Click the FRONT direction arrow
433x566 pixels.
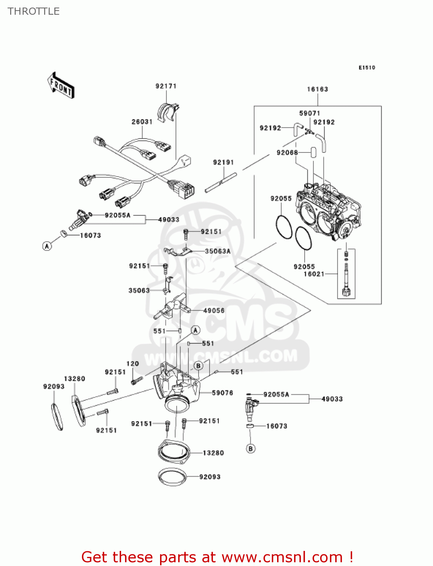61,86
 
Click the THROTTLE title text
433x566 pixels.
34,11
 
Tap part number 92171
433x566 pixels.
166,86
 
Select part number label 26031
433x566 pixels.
142,122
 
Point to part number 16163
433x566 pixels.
317,89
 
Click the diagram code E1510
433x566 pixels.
367,68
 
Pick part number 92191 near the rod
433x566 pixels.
223,162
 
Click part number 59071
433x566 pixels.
310,113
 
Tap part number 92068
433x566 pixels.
287,152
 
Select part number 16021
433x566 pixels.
314,274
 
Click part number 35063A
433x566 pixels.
217,251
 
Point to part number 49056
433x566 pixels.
214,311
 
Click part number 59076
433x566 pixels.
222,393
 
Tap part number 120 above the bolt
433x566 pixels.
133,364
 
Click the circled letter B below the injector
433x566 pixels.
251,449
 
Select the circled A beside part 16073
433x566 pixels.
47,246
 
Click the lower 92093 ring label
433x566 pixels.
210,477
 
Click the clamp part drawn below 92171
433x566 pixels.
166,111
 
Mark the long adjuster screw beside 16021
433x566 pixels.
346,277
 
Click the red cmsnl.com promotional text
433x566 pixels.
217,557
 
